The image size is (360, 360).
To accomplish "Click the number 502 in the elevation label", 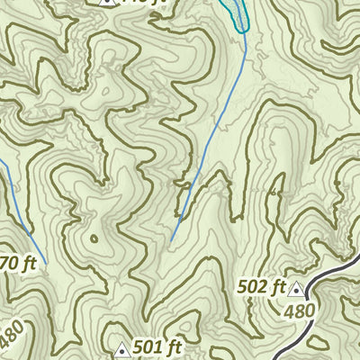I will tap(255, 287).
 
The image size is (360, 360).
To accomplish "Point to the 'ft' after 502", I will tap(278, 287).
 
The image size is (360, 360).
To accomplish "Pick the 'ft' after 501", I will tap(173, 346).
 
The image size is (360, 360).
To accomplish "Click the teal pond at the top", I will tap(237, 13).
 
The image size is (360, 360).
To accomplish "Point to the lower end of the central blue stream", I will tap(171, 241).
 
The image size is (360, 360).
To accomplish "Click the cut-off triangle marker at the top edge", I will tap(106, 2).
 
